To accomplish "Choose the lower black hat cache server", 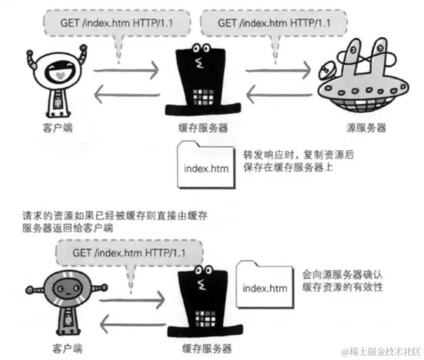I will tap(205, 305).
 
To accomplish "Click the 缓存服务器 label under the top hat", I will tap(204, 128).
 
